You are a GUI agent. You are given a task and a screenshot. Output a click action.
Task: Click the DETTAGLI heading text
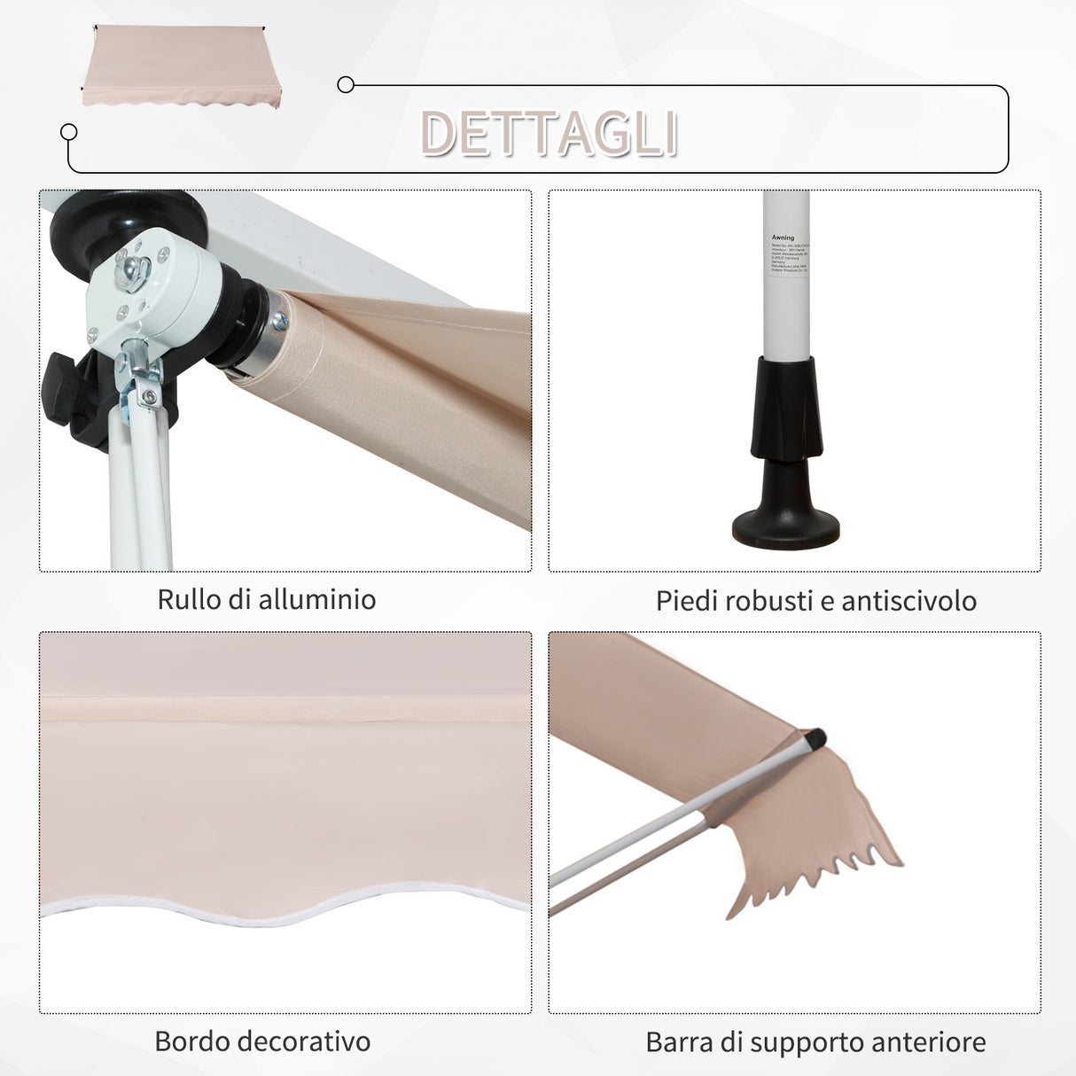[550, 134]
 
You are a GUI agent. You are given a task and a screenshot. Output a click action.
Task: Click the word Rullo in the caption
[189, 599]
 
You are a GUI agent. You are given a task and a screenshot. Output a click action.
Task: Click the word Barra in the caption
[678, 1042]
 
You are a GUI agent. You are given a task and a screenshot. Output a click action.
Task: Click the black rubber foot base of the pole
[785, 528]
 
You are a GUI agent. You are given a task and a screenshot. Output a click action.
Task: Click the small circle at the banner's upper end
[346, 85]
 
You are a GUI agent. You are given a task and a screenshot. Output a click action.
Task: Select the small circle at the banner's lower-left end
[68, 132]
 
